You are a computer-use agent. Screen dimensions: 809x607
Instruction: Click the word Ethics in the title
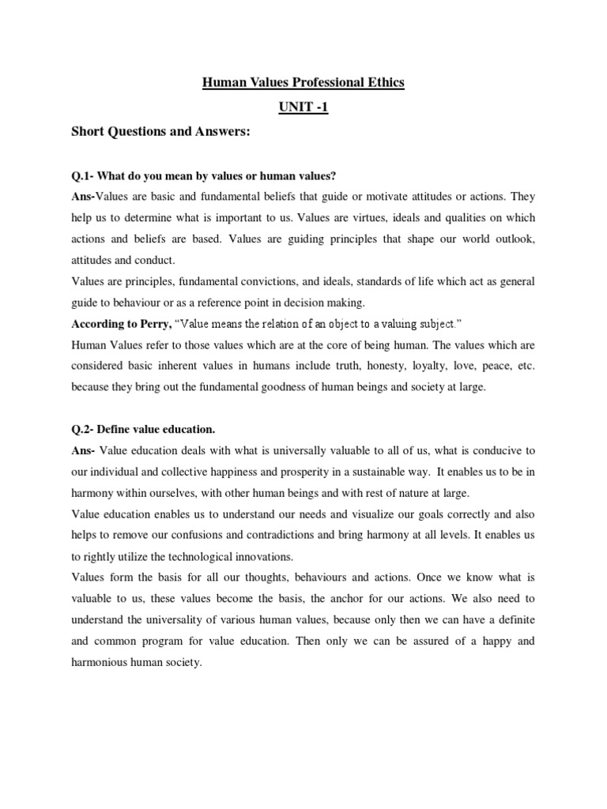coord(383,82)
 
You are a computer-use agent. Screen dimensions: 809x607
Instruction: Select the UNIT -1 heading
coord(303,107)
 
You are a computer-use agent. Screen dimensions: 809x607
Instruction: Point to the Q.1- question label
coord(85,174)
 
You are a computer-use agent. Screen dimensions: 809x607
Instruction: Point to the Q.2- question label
coord(85,428)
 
